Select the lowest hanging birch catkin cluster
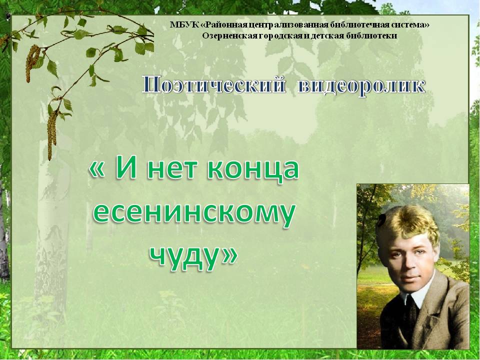point(51,135)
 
